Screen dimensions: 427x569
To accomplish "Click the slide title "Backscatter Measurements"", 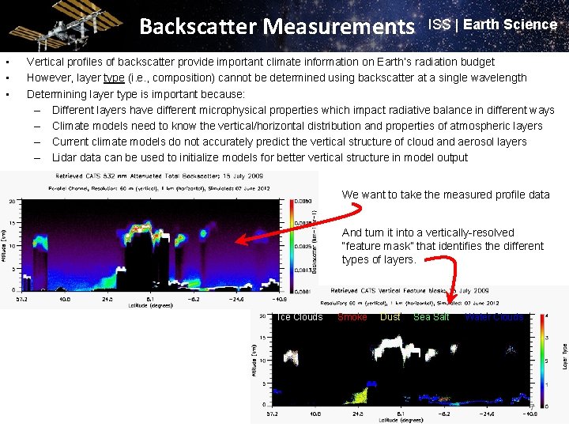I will pyautogui.click(x=277, y=27).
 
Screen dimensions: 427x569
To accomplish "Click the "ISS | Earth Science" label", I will pyautogui.click(x=492, y=25).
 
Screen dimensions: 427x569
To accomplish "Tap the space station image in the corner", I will pyautogui.click(x=55, y=25).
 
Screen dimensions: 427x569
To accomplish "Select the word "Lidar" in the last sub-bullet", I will pyautogui.click(x=66, y=157).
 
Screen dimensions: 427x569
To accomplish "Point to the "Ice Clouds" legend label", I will pyautogui.click(x=300, y=317).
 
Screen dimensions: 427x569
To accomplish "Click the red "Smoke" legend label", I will pyautogui.click(x=352, y=317).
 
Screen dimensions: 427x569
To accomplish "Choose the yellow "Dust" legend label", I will pyautogui.click(x=390, y=317).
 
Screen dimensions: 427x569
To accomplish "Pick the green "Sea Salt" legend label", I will pyautogui.click(x=431, y=317).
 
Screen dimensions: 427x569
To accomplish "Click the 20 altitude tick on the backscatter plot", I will pyautogui.click(x=12, y=201).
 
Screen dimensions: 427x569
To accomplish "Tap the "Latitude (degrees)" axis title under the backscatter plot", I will pyautogui.click(x=150, y=306).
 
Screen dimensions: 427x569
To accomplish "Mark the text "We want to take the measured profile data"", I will pyautogui.click(x=445, y=195).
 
